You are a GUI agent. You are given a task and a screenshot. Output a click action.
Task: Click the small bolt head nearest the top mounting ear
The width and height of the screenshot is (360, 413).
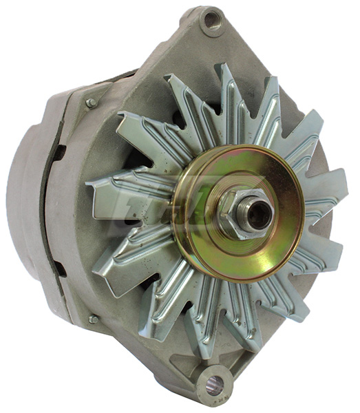90,103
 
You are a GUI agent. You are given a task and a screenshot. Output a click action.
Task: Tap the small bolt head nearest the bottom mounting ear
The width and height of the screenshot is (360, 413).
93,319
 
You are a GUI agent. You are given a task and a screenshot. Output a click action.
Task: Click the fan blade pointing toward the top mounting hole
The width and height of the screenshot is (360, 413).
228,89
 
